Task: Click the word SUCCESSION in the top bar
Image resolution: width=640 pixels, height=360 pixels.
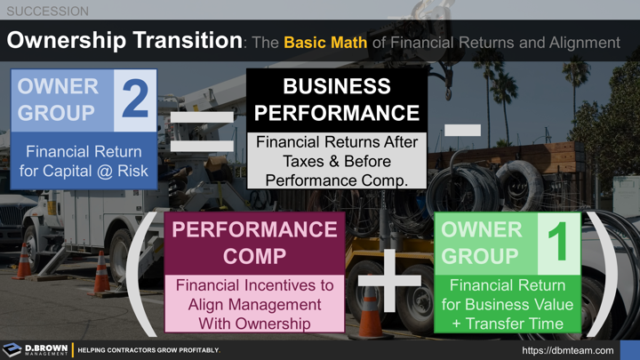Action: click(47, 12)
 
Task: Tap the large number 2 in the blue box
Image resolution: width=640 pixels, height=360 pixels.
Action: click(134, 100)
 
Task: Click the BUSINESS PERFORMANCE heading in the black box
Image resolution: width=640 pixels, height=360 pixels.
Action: click(337, 100)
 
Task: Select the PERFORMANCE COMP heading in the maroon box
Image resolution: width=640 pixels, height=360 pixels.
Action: click(254, 243)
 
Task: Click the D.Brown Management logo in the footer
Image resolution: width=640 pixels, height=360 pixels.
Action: click(36, 350)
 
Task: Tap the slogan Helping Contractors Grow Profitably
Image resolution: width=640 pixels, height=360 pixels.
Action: click(148, 350)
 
